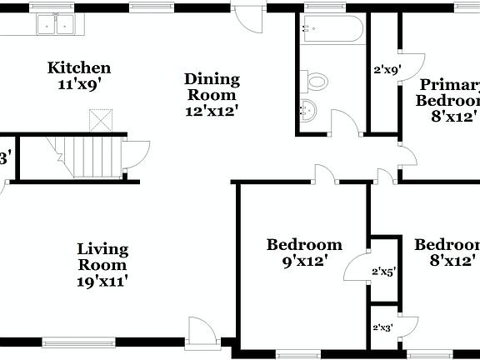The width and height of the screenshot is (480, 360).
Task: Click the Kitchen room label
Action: coord(79,67)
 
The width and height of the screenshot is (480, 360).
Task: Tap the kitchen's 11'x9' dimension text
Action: coord(79,83)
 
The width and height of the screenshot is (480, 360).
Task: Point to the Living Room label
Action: coord(102,257)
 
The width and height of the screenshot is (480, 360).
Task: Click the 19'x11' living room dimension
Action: coord(102,281)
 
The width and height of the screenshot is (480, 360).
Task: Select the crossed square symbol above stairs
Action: coord(101,121)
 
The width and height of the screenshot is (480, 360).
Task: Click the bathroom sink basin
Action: coord(307,109)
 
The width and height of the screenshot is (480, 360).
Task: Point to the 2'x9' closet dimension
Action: coord(386,71)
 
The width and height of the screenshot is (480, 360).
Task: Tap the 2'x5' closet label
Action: coord(383,272)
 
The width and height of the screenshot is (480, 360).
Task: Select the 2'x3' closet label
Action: coord(383,327)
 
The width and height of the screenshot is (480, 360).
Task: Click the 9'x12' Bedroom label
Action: coord(304,252)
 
